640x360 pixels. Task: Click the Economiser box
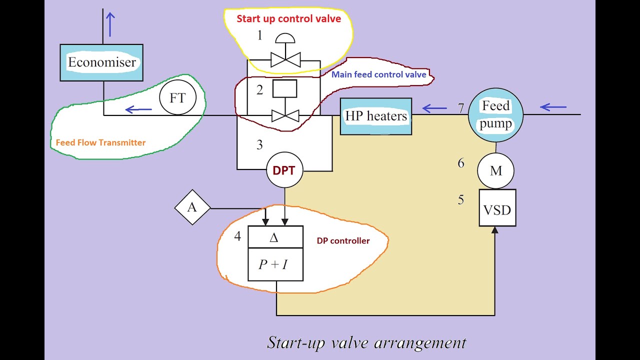pyautogui.click(x=101, y=62)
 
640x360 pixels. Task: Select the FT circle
pyautogui.click(x=177, y=97)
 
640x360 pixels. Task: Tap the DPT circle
pyautogui.click(x=284, y=170)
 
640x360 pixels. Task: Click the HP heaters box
pyautogui.click(x=376, y=116)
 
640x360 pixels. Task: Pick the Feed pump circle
pyautogui.click(x=495, y=115)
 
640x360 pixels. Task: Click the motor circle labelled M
pyautogui.click(x=495, y=170)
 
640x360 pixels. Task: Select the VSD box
pyautogui.click(x=497, y=207)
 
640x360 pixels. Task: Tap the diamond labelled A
pyautogui.click(x=192, y=207)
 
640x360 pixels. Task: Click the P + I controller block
pyautogui.click(x=275, y=264)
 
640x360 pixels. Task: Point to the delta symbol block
pyautogui.click(x=275, y=237)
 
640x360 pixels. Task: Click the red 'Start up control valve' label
pyautogui.click(x=289, y=19)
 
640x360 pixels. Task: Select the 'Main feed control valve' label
pyautogui.click(x=379, y=74)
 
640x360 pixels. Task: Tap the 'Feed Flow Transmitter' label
pyautogui.click(x=100, y=142)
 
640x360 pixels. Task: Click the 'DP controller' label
pyautogui.click(x=343, y=241)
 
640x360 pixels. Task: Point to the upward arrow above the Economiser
pyautogui.click(x=110, y=24)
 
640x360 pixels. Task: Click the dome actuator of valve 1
pyautogui.click(x=285, y=38)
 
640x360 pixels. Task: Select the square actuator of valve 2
pyautogui.click(x=285, y=88)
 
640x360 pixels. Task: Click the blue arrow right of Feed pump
pyautogui.click(x=553, y=107)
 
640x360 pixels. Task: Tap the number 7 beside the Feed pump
pyautogui.click(x=460, y=108)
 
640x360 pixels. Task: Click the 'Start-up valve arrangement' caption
pyautogui.click(x=366, y=343)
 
